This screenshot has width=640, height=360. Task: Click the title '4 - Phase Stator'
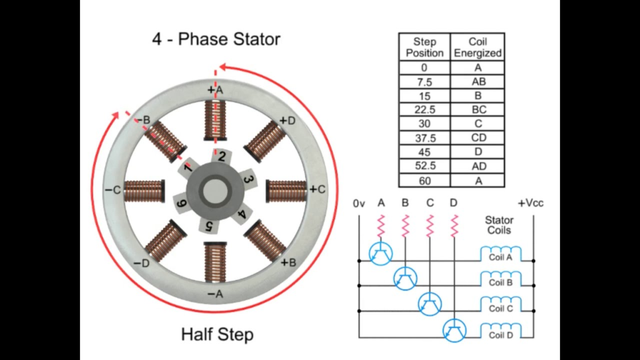pos(216,39)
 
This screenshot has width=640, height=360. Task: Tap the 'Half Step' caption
pos(217,334)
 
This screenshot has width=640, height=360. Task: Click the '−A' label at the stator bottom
pos(214,294)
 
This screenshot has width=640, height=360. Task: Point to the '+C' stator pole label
pos(317,189)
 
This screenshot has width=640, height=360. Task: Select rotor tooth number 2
pos(221,156)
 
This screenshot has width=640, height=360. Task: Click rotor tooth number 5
pos(209,224)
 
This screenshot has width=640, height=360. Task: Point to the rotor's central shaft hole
pos(216,190)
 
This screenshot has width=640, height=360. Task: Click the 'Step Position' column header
pos(424,47)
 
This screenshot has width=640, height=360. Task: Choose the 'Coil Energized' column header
pos(477,47)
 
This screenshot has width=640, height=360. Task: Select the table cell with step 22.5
pos(424,109)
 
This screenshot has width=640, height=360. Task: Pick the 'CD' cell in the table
pos(477,137)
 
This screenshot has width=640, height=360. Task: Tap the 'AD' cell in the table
pos(477,166)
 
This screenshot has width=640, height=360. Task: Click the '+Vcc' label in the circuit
pos(530,203)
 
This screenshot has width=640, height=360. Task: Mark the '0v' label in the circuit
pos(358,203)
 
